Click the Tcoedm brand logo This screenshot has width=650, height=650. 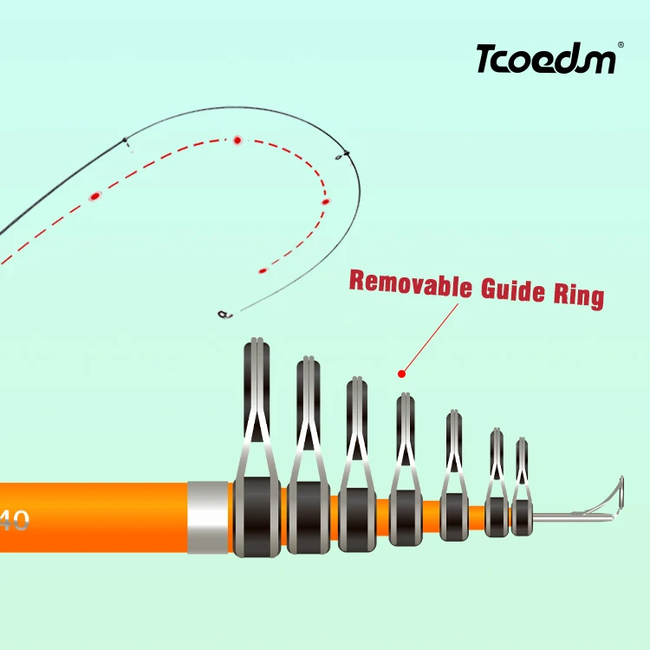(x=546, y=60)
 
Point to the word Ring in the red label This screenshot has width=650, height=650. (x=577, y=294)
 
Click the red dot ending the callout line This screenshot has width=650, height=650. (x=401, y=374)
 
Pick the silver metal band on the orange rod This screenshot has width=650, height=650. (x=208, y=517)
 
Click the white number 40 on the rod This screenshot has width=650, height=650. (x=15, y=521)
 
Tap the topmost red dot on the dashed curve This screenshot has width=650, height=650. (x=236, y=140)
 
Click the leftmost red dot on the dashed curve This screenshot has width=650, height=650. (x=94, y=197)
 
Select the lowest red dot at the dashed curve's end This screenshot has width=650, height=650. (x=263, y=270)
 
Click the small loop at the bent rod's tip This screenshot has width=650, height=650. (x=223, y=314)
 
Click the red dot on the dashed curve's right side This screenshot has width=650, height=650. (x=326, y=202)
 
